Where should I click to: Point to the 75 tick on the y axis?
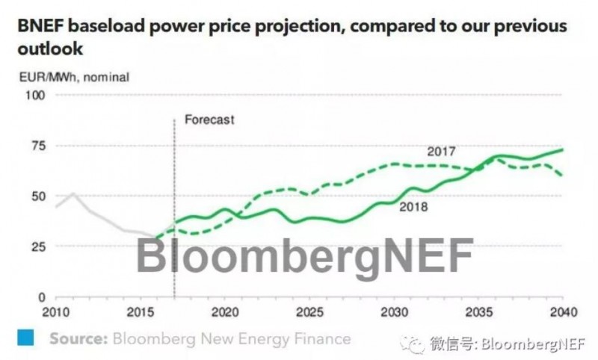(x=39, y=146)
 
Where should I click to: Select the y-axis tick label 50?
(x=39, y=196)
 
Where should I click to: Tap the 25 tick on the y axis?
(x=39, y=246)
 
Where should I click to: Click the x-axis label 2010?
(x=57, y=310)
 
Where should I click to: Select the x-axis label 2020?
(x=224, y=310)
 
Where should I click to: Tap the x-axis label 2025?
(x=309, y=310)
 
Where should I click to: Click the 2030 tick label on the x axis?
(x=393, y=310)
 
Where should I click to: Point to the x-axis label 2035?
(x=478, y=310)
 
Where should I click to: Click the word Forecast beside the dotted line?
(x=209, y=120)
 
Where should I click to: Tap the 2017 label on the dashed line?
(x=441, y=152)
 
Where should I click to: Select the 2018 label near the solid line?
(x=413, y=207)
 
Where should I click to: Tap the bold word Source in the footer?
(x=78, y=338)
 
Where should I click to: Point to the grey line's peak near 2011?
(x=73, y=193)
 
